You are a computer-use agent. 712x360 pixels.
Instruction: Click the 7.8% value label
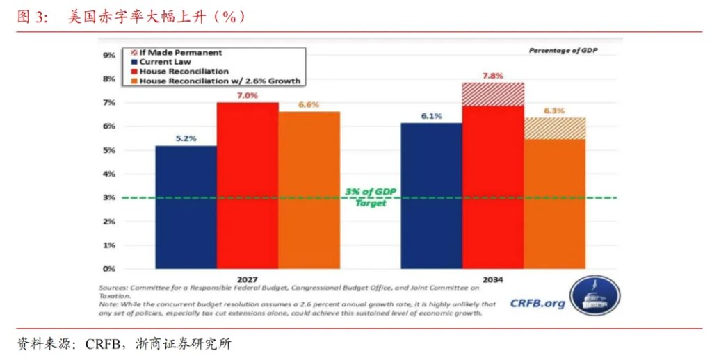[x=492, y=75]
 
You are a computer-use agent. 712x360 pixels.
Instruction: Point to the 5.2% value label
[x=185, y=138]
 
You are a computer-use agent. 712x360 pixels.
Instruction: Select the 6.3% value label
[x=554, y=111]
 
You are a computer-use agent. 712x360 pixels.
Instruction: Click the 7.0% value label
[x=247, y=95]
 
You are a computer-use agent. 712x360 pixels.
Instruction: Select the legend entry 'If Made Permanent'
[x=180, y=52]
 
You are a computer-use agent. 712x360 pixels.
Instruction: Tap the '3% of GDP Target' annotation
[x=371, y=197]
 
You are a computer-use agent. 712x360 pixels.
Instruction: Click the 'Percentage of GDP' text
[x=563, y=51]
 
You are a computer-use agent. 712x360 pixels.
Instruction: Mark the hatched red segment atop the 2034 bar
[x=492, y=95]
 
